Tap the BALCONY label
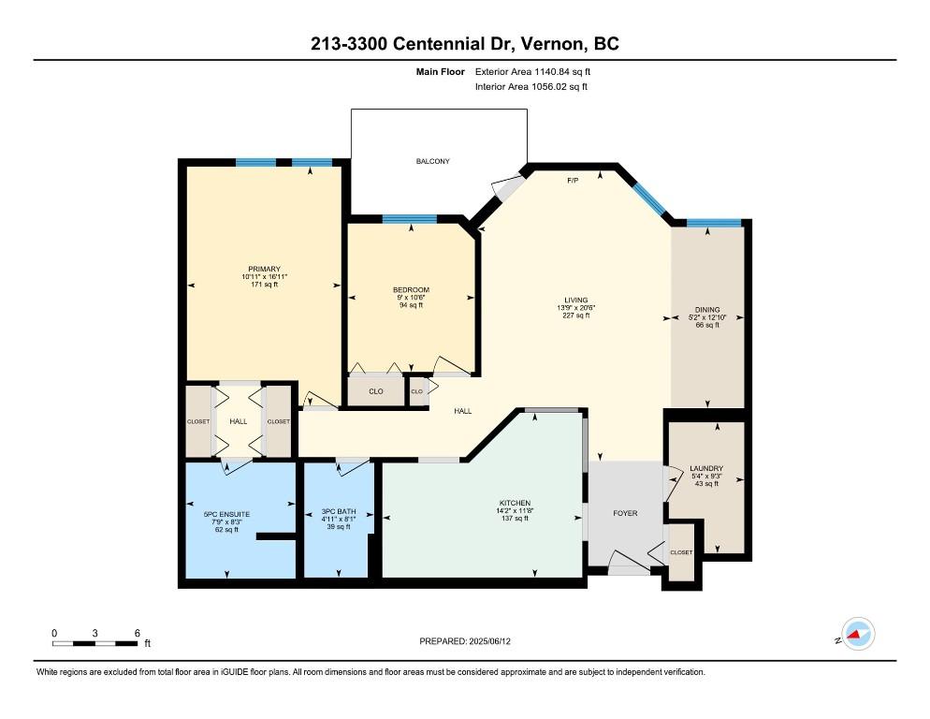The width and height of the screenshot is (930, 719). pos(432,161)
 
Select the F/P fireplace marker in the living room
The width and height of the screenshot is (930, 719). pos(574,180)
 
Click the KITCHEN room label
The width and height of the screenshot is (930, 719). pos(515,503)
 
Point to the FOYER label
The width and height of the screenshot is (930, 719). pos(624,513)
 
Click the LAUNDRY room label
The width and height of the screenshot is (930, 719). pos(705,468)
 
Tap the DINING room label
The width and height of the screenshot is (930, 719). pos(706,310)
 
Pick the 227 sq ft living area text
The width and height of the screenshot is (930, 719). pos(575,316)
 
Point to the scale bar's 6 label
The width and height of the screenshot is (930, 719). pos(137,633)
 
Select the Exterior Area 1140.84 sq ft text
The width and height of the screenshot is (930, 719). pos(532,70)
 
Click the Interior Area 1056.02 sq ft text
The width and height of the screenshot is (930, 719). pos(531,87)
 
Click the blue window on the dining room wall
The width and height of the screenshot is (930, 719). pos(714,223)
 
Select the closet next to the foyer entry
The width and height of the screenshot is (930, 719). pos(681,552)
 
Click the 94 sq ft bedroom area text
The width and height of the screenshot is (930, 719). pos(411,304)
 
